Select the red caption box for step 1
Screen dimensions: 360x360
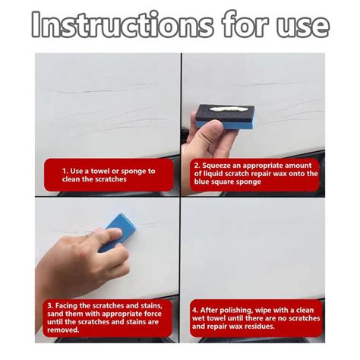109,175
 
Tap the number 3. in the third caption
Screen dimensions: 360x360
49,305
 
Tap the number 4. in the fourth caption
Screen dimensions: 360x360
195,310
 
